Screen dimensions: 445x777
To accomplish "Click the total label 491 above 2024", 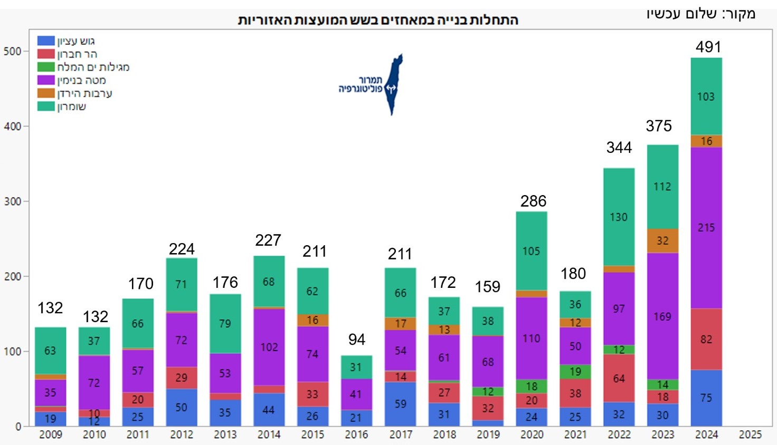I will pyautogui.click(x=708, y=47).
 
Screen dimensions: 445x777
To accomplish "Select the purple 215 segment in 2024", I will pyautogui.click(x=706, y=228).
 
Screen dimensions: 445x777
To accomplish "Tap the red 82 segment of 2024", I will pyautogui.click(x=706, y=339).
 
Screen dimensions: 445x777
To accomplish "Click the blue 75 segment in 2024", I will pyautogui.click(x=706, y=398).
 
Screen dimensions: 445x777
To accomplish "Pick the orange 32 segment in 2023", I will pyautogui.click(x=662, y=241).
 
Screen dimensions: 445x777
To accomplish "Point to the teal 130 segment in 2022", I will pyautogui.click(x=619, y=217).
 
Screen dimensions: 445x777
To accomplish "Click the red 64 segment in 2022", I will pyautogui.click(x=619, y=379).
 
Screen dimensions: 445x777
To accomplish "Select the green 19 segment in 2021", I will pyautogui.click(x=575, y=372).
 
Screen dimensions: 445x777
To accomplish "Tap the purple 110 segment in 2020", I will pyautogui.click(x=532, y=338).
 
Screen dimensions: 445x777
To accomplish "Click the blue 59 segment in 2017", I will pyautogui.click(x=401, y=404).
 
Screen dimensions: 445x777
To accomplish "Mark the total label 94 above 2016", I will pyautogui.click(x=357, y=340).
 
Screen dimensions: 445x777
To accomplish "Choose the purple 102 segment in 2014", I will pyautogui.click(x=269, y=347).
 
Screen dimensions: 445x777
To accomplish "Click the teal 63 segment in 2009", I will pyautogui.click(x=50, y=351).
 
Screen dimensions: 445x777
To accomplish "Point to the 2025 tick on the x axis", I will pyautogui.click(x=750, y=434).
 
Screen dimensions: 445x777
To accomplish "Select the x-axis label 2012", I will pyautogui.click(x=182, y=434).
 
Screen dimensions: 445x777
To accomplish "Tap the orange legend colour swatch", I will pyautogui.click(x=46, y=93).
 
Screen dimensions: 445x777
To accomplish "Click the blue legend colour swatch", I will pyautogui.click(x=46, y=41).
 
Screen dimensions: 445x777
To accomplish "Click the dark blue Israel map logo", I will pyautogui.click(x=393, y=84).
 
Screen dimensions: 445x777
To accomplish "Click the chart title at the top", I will pyautogui.click(x=378, y=21).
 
